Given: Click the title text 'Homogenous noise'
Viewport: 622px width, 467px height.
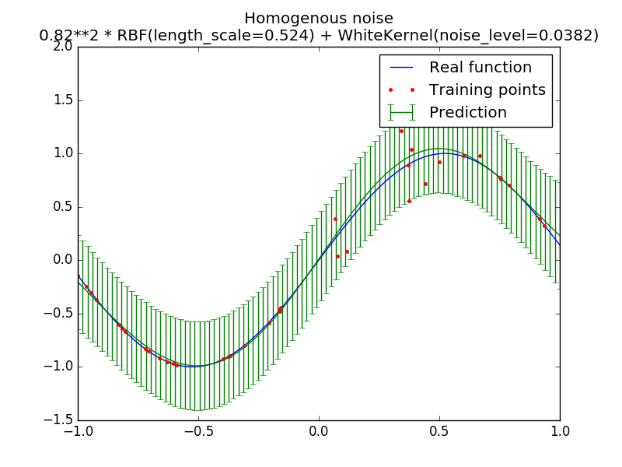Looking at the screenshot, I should [x=319, y=18].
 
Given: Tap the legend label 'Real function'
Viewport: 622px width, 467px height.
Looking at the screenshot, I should [x=480, y=68].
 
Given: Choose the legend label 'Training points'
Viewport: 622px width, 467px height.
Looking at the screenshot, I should [x=487, y=90].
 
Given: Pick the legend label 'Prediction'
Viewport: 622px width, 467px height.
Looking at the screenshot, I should [x=468, y=113].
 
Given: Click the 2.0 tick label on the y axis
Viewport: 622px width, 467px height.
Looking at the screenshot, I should [x=64, y=46].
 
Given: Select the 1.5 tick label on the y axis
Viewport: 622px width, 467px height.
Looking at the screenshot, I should [x=64, y=100].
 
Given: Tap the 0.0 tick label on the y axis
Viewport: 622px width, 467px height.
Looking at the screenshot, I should [x=64, y=260].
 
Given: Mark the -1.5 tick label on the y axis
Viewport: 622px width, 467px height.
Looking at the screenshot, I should [x=61, y=420].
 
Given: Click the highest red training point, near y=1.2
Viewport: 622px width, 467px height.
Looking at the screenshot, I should [x=401, y=131].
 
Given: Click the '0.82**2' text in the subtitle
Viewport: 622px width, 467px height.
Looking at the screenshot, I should [x=64, y=36].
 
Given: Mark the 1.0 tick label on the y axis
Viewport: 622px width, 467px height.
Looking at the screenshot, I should [x=64, y=153].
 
